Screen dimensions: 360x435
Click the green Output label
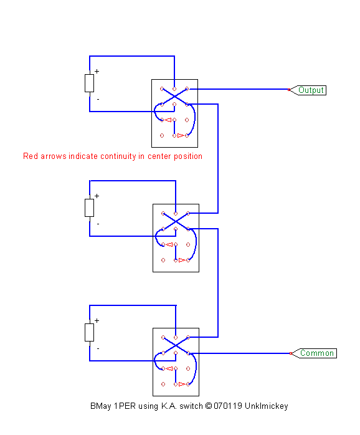(x=311, y=90)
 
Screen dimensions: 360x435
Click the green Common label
(x=317, y=353)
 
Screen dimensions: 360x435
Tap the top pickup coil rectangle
(x=89, y=83)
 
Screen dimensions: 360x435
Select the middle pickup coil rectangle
(x=89, y=208)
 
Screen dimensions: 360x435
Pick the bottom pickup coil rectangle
(x=89, y=332)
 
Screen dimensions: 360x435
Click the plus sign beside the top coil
(x=97, y=71)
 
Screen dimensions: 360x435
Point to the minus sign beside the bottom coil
(x=98, y=348)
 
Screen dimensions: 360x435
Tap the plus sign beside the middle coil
(x=97, y=196)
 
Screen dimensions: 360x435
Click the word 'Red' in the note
(x=31, y=156)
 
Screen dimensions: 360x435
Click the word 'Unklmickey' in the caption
(x=266, y=406)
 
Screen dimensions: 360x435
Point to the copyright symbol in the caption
(x=209, y=406)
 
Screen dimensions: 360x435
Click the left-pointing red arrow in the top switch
(x=168, y=120)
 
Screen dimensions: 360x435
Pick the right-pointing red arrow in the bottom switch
(x=182, y=385)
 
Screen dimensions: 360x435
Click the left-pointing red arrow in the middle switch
(x=169, y=244)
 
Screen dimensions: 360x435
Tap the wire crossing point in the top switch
(x=174, y=97)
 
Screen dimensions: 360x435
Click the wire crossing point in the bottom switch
(x=176, y=345)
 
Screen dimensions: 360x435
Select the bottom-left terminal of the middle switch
(x=163, y=261)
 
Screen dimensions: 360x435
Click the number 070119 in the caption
(x=228, y=406)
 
